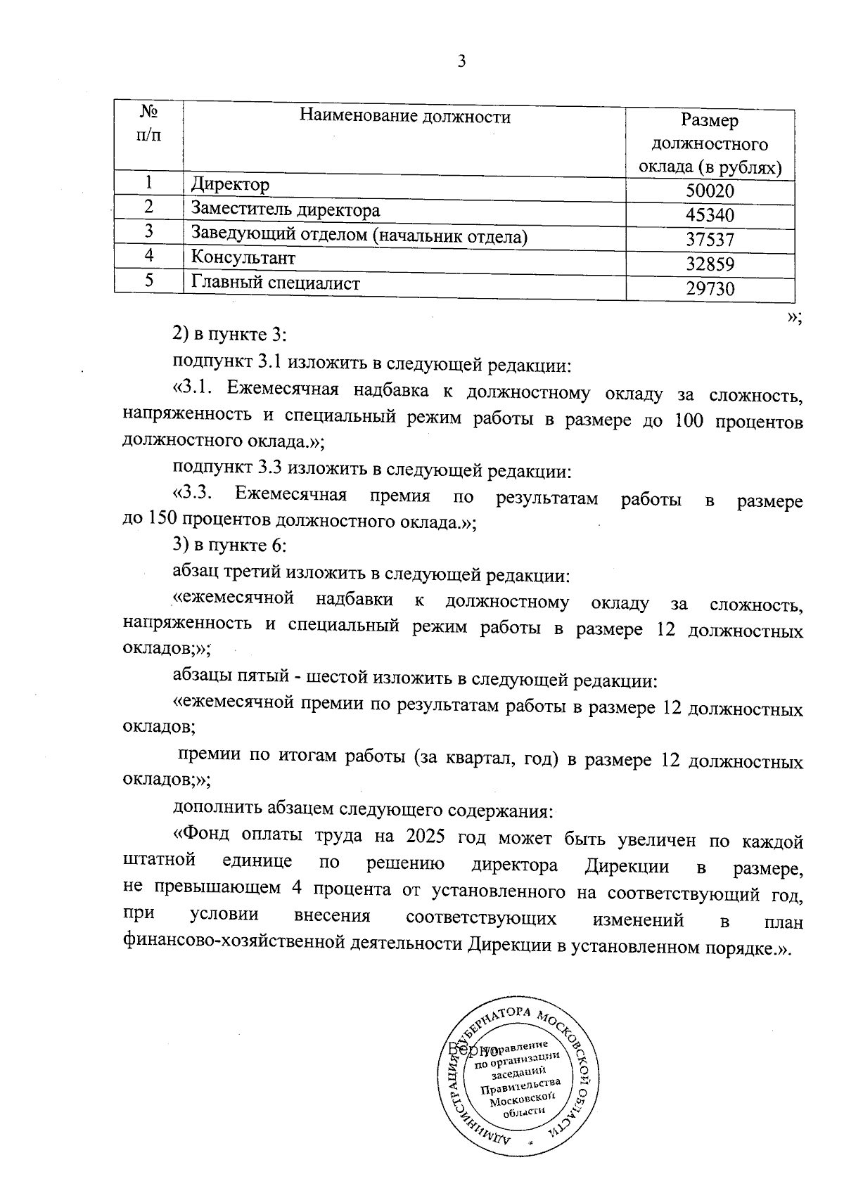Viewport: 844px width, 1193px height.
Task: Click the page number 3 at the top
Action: pyautogui.click(x=461, y=62)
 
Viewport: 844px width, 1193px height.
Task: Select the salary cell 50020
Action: pyautogui.click(x=710, y=192)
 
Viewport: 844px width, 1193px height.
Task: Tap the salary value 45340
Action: pyautogui.click(x=710, y=216)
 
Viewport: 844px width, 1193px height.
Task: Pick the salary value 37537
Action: pyautogui.click(x=710, y=240)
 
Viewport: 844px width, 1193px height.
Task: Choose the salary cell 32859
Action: pyautogui.click(x=710, y=264)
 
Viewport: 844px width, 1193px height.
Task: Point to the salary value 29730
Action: pyautogui.click(x=710, y=289)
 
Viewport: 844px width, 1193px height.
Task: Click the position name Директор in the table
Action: pyautogui.click(x=230, y=185)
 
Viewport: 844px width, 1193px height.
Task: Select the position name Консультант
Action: pyautogui.click(x=243, y=258)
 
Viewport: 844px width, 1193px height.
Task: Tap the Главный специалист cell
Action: pyautogui.click(x=276, y=283)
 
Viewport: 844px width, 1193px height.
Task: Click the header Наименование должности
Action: pyautogui.click(x=405, y=116)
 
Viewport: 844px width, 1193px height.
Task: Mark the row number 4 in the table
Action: pyautogui.click(x=149, y=256)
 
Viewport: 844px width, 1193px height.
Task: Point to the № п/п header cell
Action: pyautogui.click(x=148, y=123)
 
